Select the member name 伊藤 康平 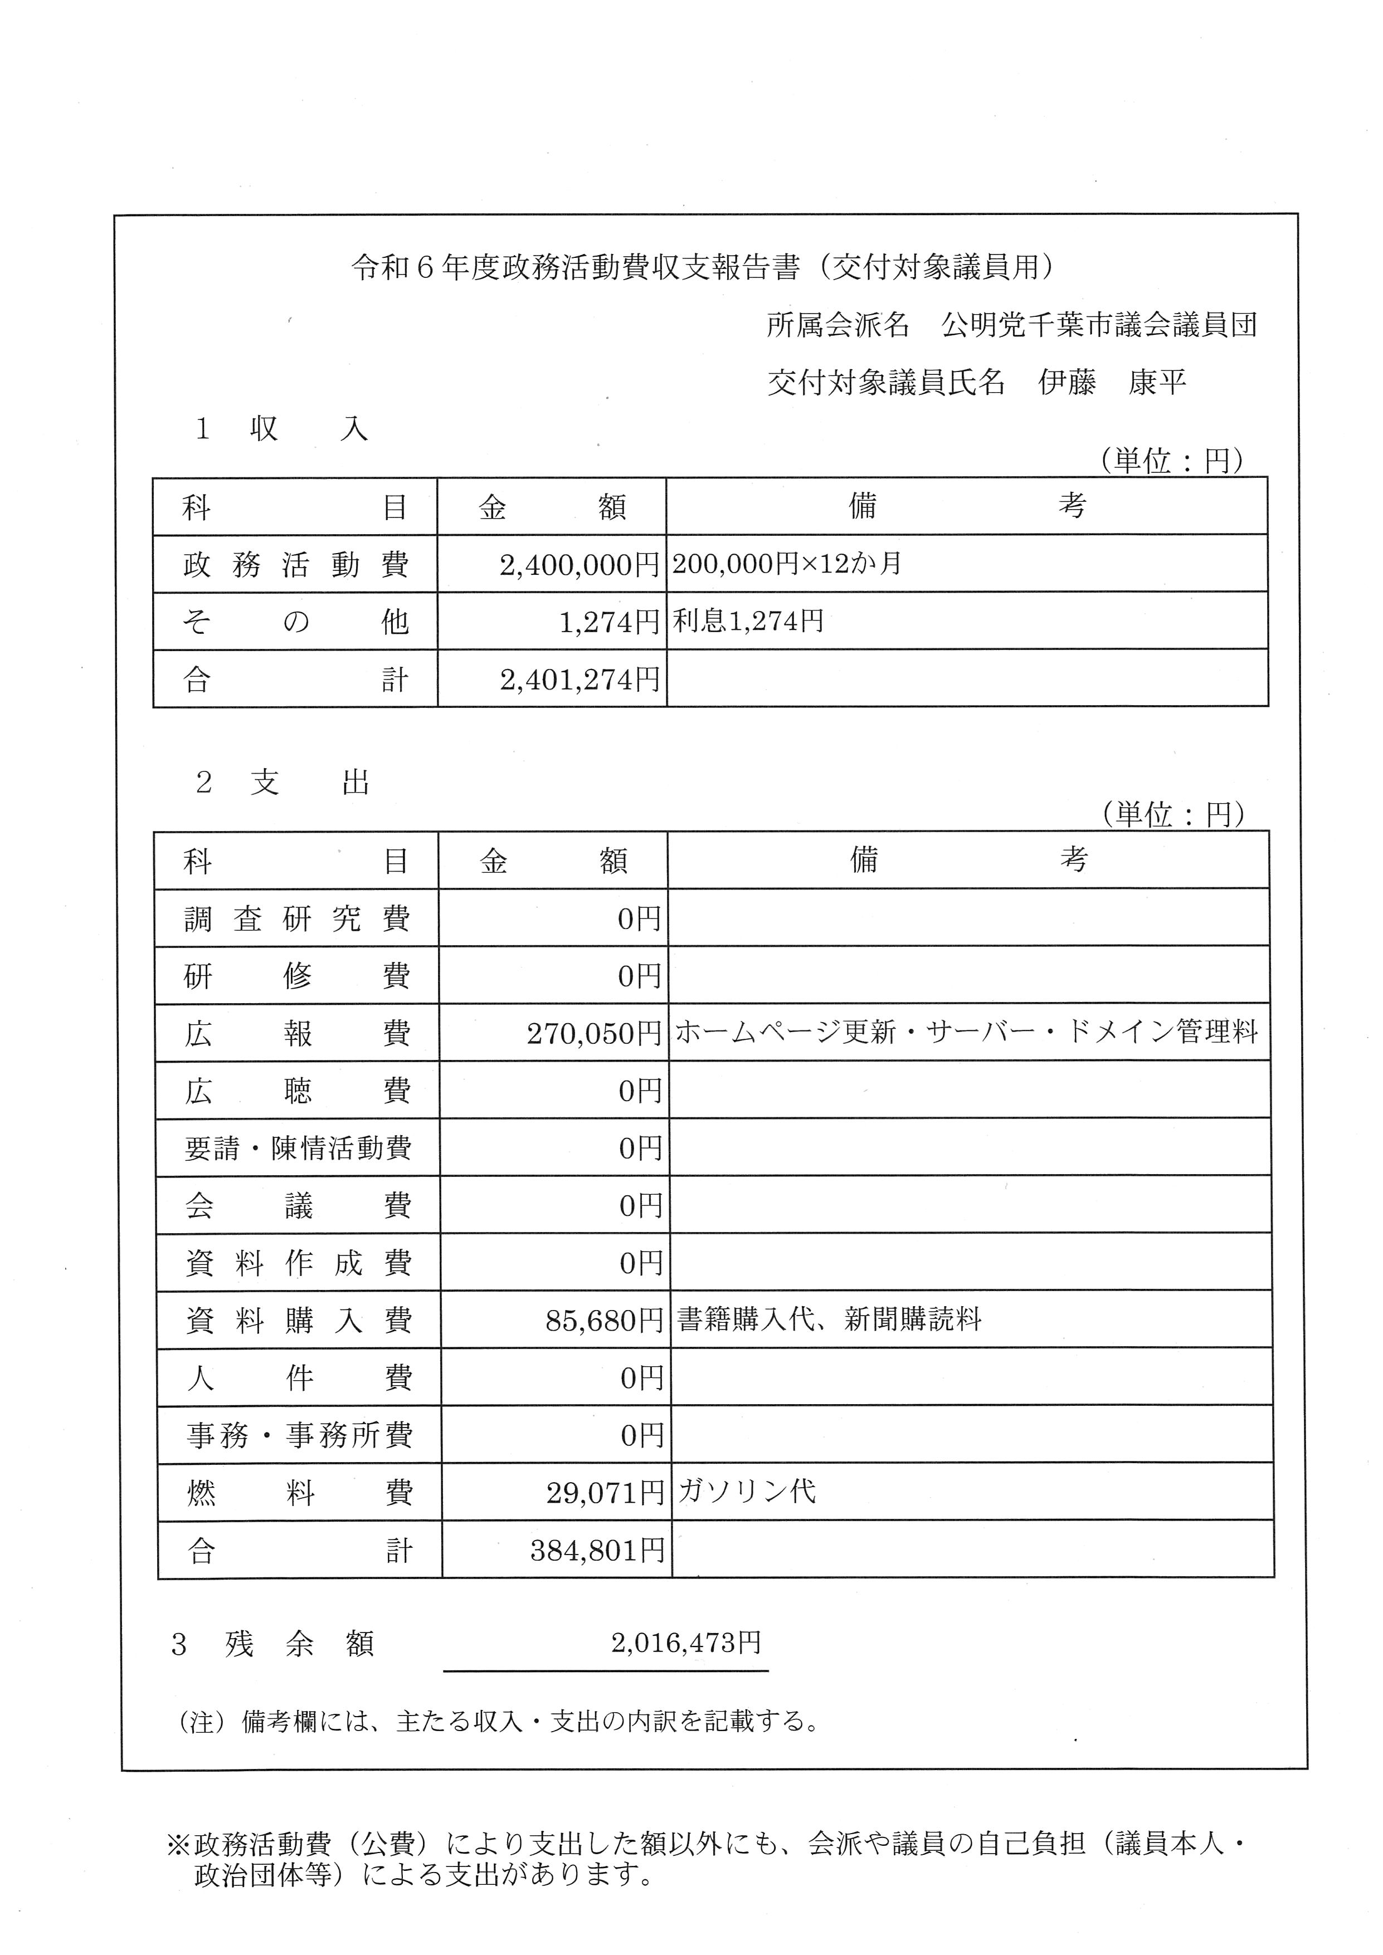click(x=1111, y=383)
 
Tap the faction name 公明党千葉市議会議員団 click(x=1099, y=325)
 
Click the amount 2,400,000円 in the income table click(x=579, y=565)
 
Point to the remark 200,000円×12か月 click(x=786, y=563)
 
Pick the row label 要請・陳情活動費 click(x=298, y=1148)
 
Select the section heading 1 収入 click(x=281, y=429)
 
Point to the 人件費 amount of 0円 click(x=641, y=1378)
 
